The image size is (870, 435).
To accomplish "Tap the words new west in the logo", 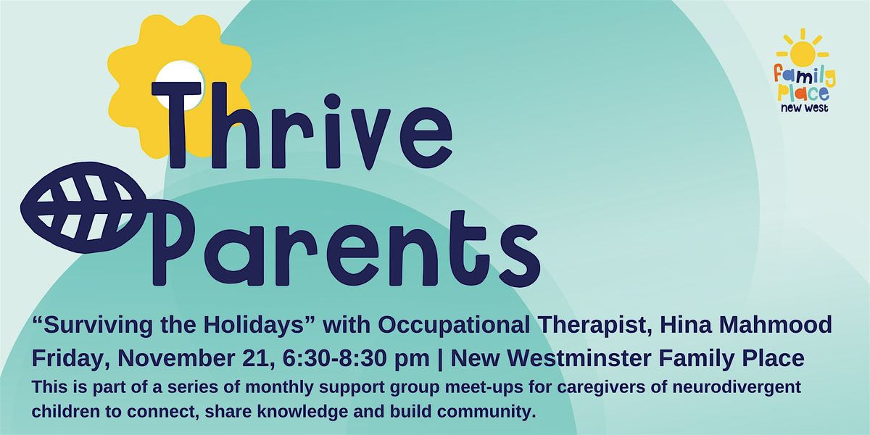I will pyautogui.click(x=805, y=107).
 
